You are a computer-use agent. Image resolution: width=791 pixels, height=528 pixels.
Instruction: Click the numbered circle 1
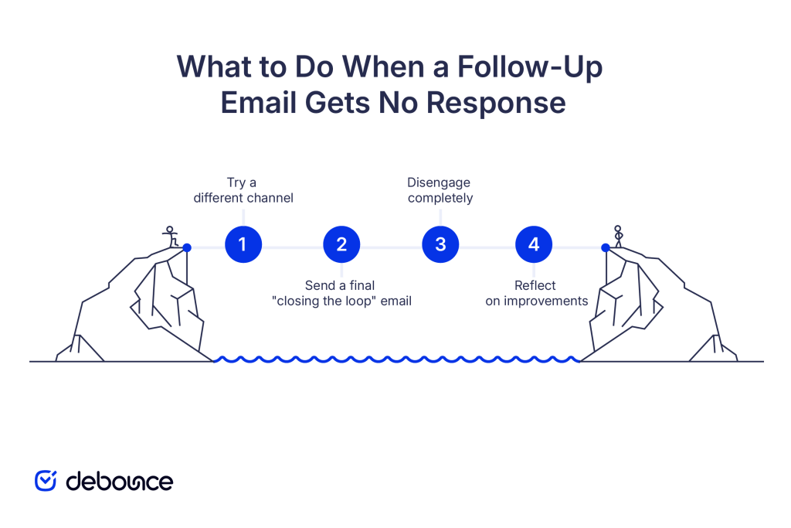click(x=243, y=245)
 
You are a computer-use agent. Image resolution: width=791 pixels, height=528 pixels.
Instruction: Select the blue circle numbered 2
click(x=341, y=245)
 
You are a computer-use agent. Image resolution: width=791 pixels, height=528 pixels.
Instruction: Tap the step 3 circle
click(x=440, y=245)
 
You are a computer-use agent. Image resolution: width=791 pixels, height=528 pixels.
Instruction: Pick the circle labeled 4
click(x=534, y=245)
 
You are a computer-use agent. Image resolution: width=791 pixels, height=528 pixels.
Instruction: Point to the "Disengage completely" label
click(x=440, y=190)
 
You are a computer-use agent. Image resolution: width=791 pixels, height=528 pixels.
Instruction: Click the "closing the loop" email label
click(x=342, y=293)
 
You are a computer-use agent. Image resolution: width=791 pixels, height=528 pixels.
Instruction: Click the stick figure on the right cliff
click(x=617, y=236)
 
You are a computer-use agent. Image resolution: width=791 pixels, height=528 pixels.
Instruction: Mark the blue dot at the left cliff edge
click(x=187, y=247)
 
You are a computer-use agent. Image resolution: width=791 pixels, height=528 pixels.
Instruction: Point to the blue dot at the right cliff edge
click(x=606, y=247)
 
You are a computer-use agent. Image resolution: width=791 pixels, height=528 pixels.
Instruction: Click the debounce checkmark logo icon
click(x=46, y=480)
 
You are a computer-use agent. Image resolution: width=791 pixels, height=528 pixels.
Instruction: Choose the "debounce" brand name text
click(x=119, y=481)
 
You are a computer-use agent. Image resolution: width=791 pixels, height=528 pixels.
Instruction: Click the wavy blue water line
click(x=396, y=359)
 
